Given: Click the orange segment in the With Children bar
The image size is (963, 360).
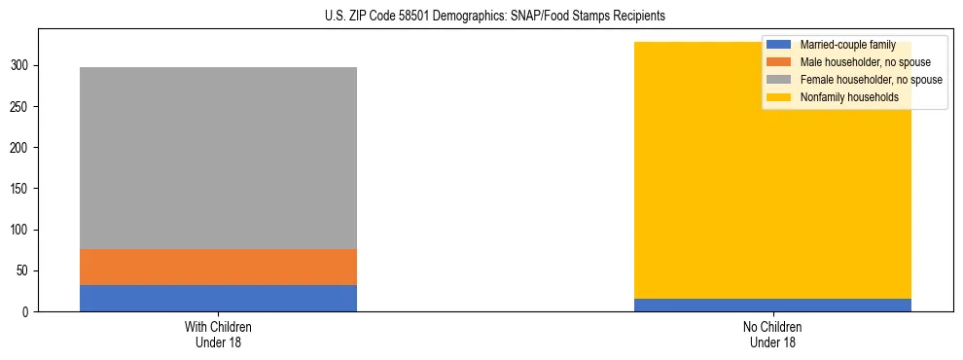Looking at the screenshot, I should [x=218, y=267].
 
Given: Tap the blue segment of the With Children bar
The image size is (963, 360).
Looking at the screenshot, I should [x=218, y=298].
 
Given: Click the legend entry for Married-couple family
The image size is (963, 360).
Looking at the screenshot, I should [x=846, y=45].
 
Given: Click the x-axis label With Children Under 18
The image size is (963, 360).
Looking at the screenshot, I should [x=218, y=334].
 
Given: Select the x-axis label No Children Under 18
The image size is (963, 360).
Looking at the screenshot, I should [x=772, y=334].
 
